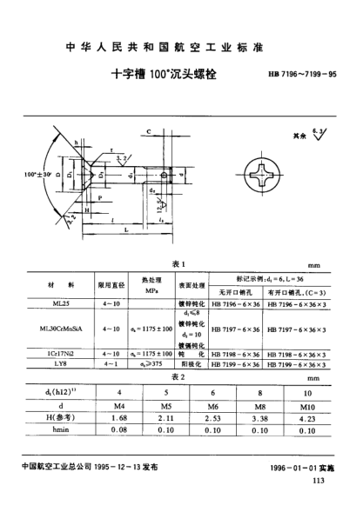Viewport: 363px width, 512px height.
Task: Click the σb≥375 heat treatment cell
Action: point(139,364)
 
